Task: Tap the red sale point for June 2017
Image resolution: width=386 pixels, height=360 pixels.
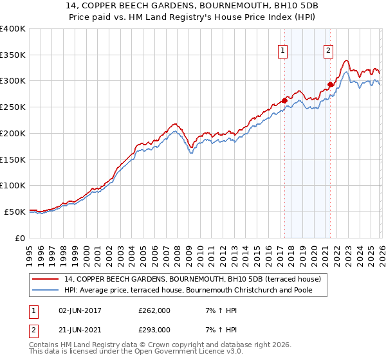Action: click(x=284, y=100)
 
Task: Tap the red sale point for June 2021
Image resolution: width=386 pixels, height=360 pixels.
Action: click(x=330, y=84)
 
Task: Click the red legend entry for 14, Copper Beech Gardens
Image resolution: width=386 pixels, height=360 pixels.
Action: click(x=197, y=279)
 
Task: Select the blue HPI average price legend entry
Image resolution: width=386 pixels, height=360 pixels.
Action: click(x=196, y=291)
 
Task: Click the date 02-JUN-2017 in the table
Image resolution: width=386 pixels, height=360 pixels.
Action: click(x=81, y=311)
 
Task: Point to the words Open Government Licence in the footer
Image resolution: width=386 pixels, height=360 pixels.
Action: click(x=176, y=352)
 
